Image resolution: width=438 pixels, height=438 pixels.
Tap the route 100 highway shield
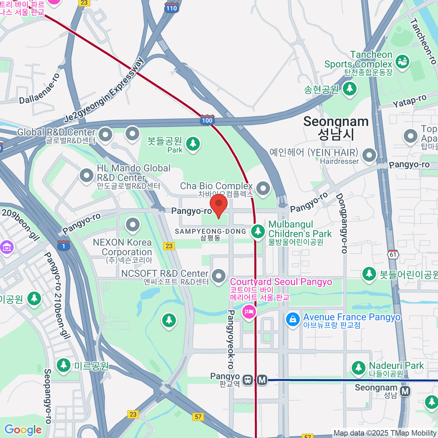pos(207,120)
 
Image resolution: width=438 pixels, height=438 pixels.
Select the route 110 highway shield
pos(171,8)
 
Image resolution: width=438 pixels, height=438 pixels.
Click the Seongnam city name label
pos(336,128)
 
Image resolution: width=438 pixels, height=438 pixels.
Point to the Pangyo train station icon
pos(248,380)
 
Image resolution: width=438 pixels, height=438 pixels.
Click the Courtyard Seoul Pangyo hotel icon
pos(249,312)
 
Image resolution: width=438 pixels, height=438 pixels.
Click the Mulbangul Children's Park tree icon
pos(258,231)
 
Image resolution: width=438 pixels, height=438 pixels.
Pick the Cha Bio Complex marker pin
pos(263,188)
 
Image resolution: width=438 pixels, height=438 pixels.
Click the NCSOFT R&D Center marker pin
pos(219,276)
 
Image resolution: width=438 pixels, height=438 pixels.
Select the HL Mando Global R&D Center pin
pos(87,176)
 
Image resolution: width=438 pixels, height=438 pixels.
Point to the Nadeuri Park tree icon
pos(358,368)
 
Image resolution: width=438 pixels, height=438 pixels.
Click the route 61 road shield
pos(393,254)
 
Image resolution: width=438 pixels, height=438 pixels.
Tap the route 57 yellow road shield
pos(198,416)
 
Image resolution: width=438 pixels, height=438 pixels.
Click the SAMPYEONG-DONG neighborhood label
pos(211,231)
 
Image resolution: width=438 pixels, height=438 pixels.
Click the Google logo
pos(23,430)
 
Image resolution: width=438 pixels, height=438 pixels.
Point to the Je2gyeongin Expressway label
pos(104,90)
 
